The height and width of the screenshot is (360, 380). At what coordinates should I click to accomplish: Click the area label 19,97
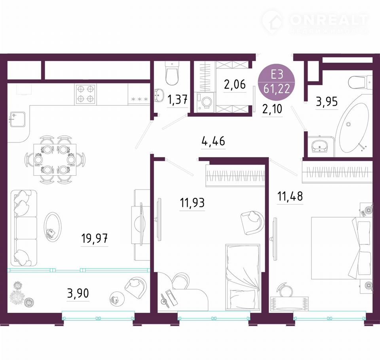(x=94, y=239)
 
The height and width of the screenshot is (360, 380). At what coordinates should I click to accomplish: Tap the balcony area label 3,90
(x=78, y=293)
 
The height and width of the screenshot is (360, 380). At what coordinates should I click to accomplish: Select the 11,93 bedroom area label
(x=192, y=203)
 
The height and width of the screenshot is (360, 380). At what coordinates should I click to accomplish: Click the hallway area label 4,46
(x=213, y=141)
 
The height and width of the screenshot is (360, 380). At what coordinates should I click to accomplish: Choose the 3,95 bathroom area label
(x=327, y=102)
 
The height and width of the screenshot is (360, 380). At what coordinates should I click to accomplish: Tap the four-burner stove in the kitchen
(x=85, y=94)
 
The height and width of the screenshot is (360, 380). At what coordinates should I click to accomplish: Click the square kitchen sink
(x=17, y=119)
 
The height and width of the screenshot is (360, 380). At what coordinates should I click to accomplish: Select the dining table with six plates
(x=55, y=159)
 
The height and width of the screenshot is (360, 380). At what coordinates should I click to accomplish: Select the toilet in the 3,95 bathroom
(x=360, y=83)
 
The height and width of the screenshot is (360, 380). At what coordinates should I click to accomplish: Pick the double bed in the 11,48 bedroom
(x=342, y=248)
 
